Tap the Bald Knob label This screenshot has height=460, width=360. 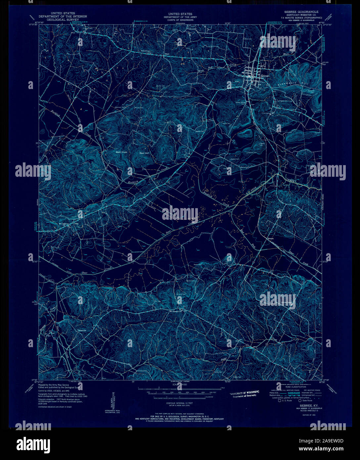pos(121,152)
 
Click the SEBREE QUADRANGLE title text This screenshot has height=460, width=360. pos(299,12)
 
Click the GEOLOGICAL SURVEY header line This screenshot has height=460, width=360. pos(63,20)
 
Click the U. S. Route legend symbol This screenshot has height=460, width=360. pos(280,400)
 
